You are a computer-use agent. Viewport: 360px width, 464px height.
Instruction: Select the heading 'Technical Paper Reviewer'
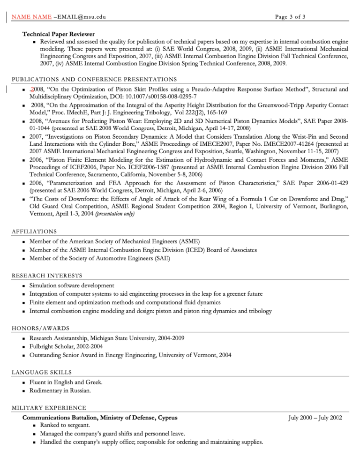pyautogui.click(x=59, y=34)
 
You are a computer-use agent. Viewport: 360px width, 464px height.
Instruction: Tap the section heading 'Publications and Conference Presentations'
pyautogui.click(x=94, y=79)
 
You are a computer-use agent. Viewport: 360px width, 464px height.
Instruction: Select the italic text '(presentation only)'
pyautogui.click(x=115, y=214)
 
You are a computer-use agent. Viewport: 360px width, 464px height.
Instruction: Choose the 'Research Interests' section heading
pyautogui.click(x=47, y=275)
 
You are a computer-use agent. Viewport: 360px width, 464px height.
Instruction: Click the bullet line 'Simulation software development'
pyautogui.click(x=72, y=285)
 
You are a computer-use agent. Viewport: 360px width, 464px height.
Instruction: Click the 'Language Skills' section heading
pyautogui.click(x=42, y=372)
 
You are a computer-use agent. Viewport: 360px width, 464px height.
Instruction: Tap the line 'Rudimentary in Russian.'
pyautogui.click(x=60, y=390)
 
